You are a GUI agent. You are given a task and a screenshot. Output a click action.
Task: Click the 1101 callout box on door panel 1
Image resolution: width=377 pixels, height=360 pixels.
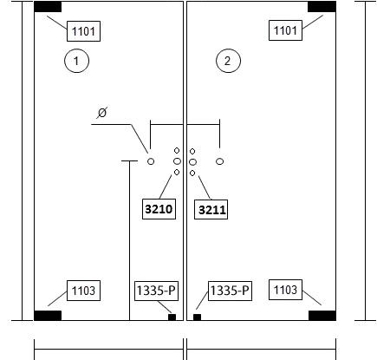tap(83, 31)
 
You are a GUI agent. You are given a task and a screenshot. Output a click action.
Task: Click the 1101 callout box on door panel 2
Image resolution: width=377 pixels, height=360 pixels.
tap(285, 30)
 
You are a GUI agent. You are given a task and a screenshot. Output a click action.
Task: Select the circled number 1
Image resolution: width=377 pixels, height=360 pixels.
tap(76, 61)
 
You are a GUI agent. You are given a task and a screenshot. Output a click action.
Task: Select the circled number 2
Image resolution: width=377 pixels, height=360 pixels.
tap(228, 61)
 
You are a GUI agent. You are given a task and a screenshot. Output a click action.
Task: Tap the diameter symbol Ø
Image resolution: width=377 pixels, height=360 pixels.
tap(102, 113)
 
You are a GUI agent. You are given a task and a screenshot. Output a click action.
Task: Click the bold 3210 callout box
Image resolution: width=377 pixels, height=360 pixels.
tap(159, 209)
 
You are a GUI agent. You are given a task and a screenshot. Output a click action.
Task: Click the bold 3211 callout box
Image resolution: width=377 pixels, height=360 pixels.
tap(211, 209)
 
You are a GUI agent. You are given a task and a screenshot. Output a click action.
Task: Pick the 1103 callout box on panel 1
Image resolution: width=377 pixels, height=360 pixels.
tap(83, 291)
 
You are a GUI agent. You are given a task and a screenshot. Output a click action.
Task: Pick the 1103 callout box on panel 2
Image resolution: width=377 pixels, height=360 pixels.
tap(285, 290)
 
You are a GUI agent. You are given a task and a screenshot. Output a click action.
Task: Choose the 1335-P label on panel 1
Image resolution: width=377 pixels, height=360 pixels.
tap(156, 291)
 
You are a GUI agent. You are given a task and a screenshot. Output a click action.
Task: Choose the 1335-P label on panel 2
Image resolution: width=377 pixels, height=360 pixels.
tap(230, 291)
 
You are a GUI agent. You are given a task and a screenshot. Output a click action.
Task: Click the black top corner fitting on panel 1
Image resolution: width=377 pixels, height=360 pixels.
tap(48, 7)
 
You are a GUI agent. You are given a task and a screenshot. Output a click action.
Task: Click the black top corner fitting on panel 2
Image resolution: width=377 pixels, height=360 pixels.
tap(322, 7)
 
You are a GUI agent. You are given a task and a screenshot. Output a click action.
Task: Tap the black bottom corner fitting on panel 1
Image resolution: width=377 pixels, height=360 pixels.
tap(48, 316)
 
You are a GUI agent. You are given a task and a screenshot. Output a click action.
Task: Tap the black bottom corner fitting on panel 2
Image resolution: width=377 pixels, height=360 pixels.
tap(322, 316)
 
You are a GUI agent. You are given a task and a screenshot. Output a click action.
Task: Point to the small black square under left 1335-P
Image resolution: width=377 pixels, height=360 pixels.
tap(172, 317)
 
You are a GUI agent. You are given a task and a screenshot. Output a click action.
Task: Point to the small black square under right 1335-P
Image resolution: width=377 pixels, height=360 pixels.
tap(197, 317)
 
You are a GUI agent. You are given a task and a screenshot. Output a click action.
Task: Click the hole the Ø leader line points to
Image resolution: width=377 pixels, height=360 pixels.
tap(151, 161)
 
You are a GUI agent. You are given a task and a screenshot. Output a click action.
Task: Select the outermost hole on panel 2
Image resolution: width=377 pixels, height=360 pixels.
tap(220, 161)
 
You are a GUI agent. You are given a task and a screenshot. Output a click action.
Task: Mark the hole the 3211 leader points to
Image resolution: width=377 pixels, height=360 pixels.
tap(192, 173)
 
